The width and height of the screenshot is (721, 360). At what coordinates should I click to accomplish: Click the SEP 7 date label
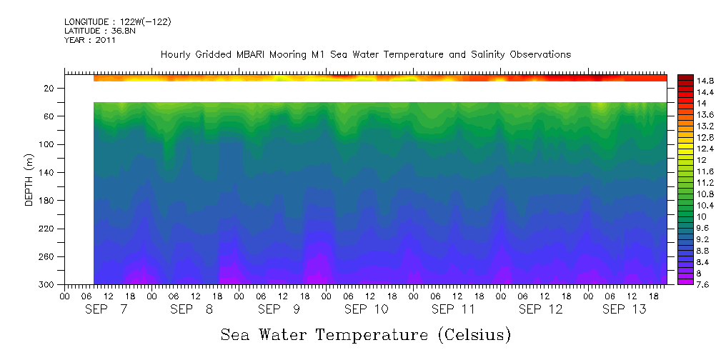click(106, 309)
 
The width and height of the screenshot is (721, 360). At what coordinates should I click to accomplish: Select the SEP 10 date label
click(366, 309)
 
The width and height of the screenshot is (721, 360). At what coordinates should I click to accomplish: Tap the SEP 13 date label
click(624, 309)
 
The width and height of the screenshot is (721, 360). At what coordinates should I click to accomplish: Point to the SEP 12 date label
click(540, 309)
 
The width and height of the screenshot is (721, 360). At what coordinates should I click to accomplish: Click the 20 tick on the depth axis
click(50, 89)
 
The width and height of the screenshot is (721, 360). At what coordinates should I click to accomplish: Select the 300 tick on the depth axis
click(48, 285)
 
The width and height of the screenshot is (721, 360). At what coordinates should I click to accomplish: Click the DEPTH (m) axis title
click(29, 179)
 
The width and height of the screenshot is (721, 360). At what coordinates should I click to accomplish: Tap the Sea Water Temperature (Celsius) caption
click(366, 334)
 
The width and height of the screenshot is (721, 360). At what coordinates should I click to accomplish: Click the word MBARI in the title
click(264, 54)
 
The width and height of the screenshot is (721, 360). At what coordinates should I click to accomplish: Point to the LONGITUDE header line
click(117, 22)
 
